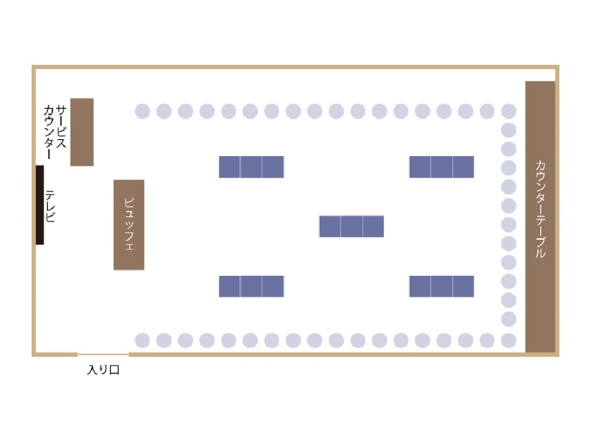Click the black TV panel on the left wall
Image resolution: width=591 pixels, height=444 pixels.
40,205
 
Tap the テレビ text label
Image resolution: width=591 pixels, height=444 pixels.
49,206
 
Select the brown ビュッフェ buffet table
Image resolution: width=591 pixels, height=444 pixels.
129,225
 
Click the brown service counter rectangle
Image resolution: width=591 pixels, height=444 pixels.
82,132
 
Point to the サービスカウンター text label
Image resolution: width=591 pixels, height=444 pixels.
55,132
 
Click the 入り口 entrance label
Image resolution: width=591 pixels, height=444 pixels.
103,369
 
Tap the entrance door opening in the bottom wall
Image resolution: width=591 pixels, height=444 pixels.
103,354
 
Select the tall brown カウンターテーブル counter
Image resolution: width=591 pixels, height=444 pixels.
540,217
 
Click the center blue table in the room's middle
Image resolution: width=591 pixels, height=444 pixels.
352,226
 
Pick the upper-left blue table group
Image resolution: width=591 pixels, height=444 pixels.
251,167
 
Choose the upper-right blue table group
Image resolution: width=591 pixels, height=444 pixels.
441,167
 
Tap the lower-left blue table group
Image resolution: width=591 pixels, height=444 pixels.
251,286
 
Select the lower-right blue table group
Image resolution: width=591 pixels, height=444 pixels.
441,286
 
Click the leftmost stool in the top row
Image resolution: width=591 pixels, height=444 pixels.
143,112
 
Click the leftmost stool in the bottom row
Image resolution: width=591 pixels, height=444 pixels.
143,340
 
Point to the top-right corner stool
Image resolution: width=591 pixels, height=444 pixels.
509,112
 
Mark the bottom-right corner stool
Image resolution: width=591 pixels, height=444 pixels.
509,340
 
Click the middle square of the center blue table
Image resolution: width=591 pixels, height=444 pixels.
352,226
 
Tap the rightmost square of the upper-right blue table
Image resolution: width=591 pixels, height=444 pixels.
463,167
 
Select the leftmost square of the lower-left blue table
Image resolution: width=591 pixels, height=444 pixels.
230,286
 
